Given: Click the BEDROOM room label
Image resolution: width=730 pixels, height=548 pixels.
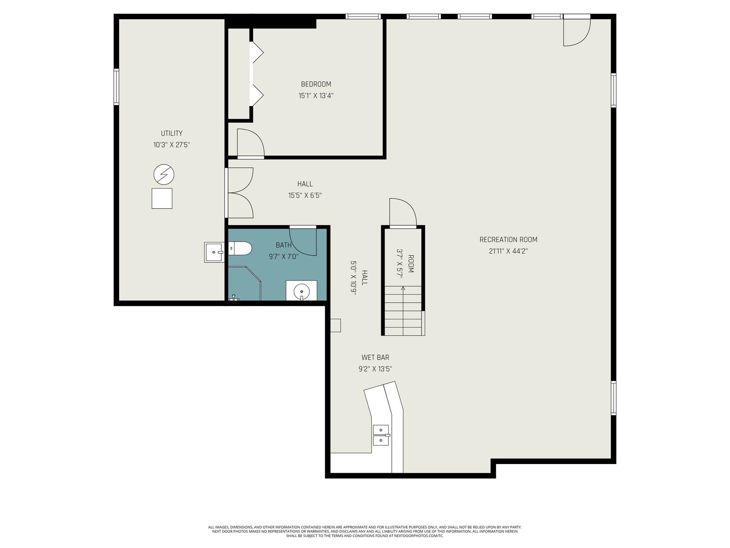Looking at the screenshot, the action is point(316,84).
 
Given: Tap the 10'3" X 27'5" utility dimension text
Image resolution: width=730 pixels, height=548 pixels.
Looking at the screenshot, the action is point(171,145).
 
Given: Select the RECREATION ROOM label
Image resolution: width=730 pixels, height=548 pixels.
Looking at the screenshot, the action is point(508,240).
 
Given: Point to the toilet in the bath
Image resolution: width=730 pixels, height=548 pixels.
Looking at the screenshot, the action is point(240,248).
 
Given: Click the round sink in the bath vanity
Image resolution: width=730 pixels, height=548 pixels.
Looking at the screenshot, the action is point(302,292).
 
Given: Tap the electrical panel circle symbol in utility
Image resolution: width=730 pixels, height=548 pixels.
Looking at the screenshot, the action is point(164,175).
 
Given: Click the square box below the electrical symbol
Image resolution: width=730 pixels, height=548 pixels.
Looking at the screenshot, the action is point(162,199).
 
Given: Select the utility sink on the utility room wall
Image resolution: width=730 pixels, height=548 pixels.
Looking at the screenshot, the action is point(214,252).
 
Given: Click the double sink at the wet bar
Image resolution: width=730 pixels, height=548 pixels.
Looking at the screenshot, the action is point(381,435).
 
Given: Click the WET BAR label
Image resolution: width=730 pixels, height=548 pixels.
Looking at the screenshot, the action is point(375,358).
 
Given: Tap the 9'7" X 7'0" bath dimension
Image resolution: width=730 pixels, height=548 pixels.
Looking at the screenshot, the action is point(284,257).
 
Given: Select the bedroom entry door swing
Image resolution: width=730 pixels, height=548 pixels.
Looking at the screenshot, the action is point(251,142).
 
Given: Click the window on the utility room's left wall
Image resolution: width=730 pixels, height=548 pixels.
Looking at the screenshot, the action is point(116,87).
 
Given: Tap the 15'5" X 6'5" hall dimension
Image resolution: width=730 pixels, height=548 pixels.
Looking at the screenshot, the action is point(305,195).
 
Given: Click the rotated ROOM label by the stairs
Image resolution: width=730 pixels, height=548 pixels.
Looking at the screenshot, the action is point(411,264).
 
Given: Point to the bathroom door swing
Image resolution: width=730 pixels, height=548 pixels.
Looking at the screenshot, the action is point(302,242).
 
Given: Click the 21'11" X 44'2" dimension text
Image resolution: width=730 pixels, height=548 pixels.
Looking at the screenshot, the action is point(508,251).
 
